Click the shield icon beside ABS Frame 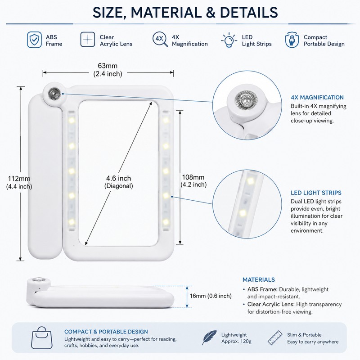(34, 40)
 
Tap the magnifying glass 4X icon (160, 39)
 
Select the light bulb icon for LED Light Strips (229, 40)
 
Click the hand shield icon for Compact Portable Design (292, 40)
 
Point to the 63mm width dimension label (108, 70)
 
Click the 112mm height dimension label (19, 182)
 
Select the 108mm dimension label (193, 181)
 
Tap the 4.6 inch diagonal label (118, 182)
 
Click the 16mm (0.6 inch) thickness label (211, 296)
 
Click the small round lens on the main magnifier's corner (54, 94)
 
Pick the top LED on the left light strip (72, 120)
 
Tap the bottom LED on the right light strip (166, 222)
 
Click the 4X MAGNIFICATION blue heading (317, 97)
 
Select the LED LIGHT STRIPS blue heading (316, 193)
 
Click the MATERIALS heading (258, 279)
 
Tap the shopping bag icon (41, 337)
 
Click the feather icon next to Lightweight (209, 337)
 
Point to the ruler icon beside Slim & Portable (275, 337)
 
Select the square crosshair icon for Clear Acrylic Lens (87, 40)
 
